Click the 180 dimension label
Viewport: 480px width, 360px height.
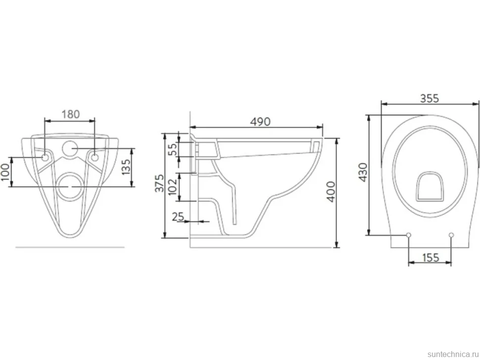click(71, 114)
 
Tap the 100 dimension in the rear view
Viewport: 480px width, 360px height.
click(5, 172)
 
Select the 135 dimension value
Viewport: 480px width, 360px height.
click(126, 166)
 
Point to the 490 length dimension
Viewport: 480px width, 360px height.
click(260, 122)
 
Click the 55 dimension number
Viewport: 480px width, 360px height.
click(173, 149)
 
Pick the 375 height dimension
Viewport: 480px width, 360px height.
click(159, 183)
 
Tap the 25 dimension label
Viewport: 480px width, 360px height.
click(178, 217)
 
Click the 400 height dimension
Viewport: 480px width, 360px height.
click(331, 192)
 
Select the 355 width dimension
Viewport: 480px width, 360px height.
click(429, 98)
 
